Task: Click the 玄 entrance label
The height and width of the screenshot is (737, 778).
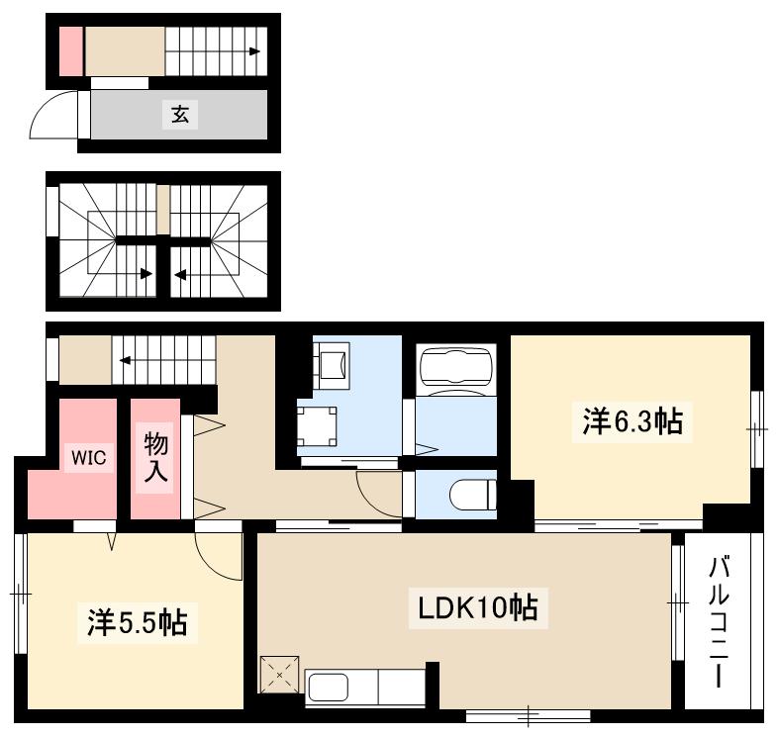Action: coord(179,116)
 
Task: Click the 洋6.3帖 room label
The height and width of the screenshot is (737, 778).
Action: coord(632,422)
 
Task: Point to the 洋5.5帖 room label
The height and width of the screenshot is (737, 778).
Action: coord(137,623)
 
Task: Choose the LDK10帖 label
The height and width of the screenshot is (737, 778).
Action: coord(473,606)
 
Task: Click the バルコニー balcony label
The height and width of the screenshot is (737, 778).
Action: coord(721,622)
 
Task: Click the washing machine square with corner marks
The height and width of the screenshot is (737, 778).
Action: coord(318,425)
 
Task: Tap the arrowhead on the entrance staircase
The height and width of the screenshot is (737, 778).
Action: coord(254,51)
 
